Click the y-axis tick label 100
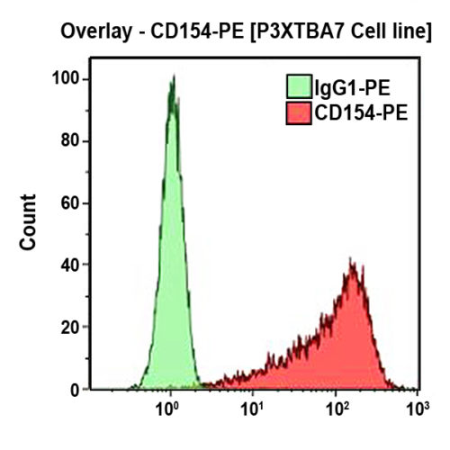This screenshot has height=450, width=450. click(x=67, y=79)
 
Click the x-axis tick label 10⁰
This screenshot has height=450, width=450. click(x=168, y=411)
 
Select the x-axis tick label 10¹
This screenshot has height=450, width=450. click(x=253, y=411)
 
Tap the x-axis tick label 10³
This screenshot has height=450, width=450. click(x=415, y=411)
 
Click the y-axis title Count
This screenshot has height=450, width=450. click(x=31, y=220)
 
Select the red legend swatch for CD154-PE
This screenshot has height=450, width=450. click(x=298, y=113)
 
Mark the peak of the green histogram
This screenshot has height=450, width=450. click(x=171, y=77)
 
